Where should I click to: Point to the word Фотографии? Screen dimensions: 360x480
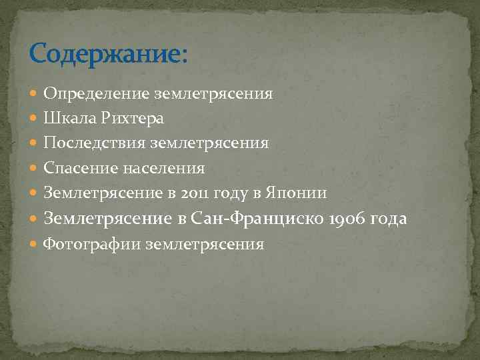click(92, 245)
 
